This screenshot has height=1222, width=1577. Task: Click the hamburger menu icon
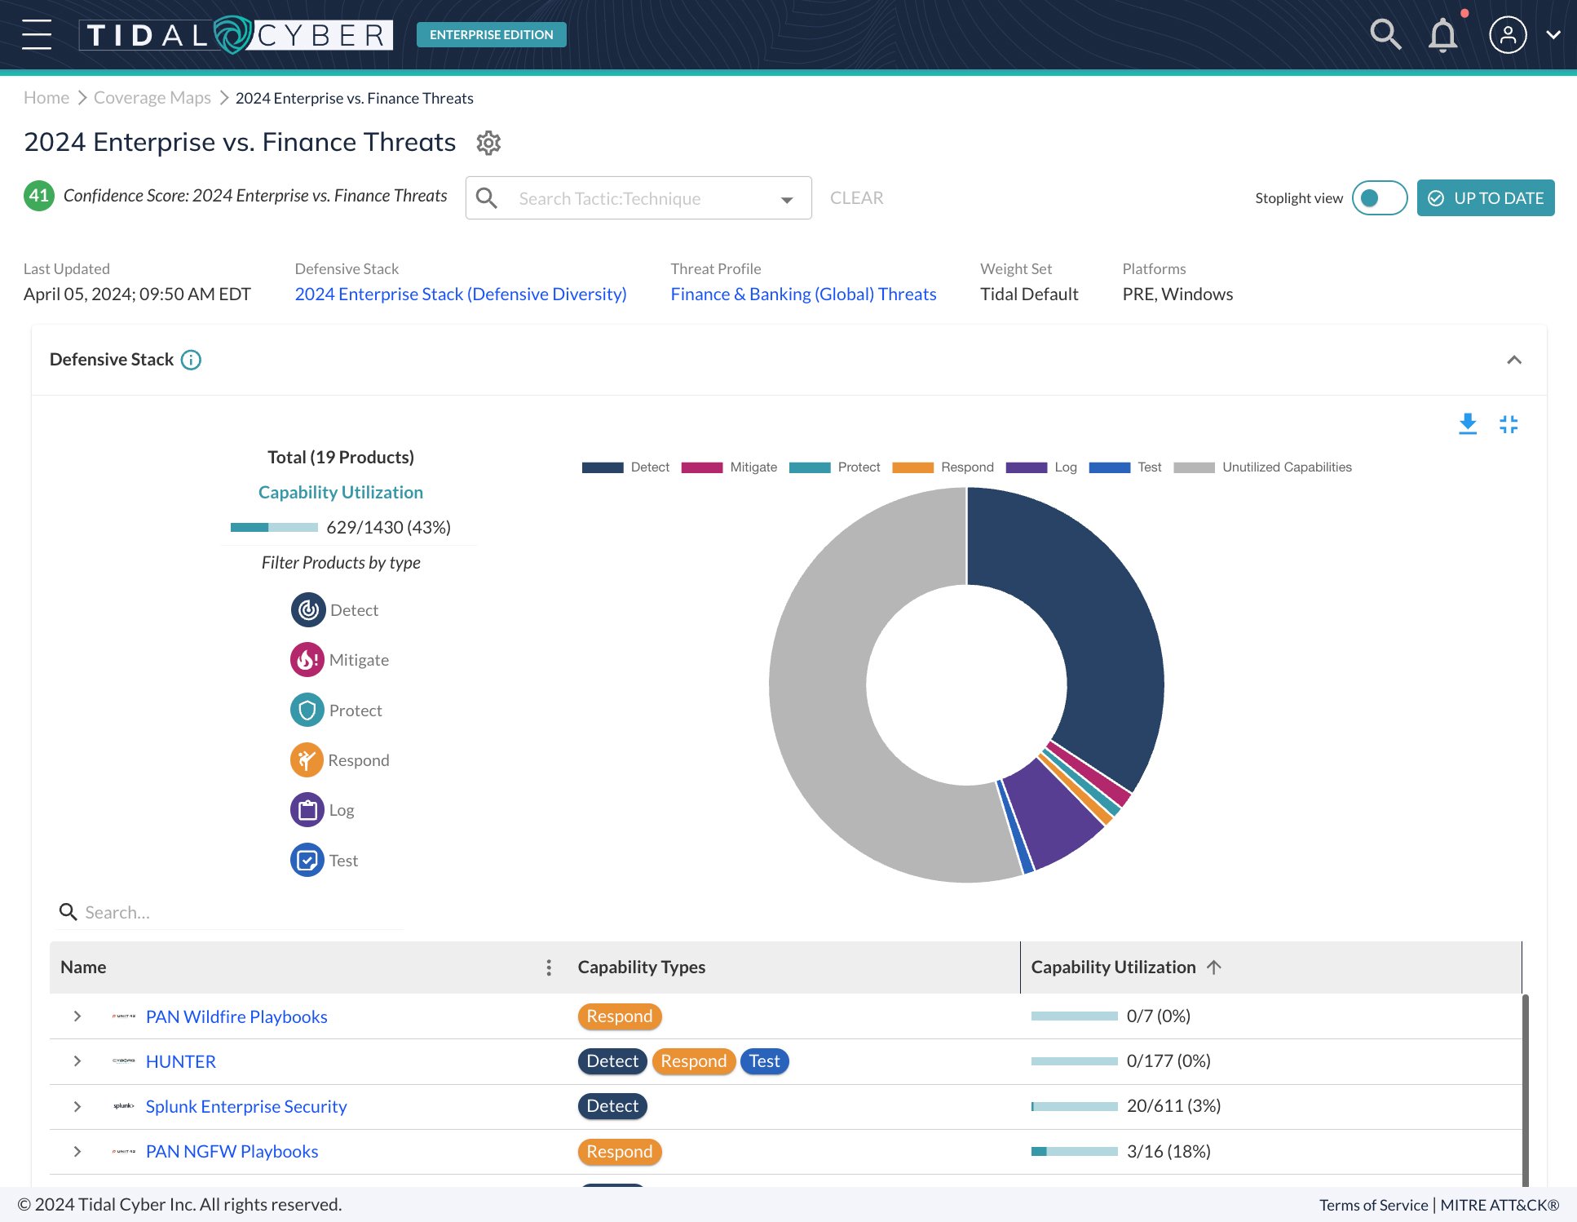point(37,34)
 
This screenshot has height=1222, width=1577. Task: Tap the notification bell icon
point(1442,35)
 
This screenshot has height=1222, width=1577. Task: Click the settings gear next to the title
point(488,143)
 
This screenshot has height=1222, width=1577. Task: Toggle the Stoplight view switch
point(1379,198)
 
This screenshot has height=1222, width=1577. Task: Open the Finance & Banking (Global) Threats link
point(803,294)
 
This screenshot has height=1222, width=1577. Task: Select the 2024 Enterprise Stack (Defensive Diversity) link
point(461,294)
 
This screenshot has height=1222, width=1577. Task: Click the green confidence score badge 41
point(38,196)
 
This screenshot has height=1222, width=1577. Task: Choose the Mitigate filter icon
point(307,660)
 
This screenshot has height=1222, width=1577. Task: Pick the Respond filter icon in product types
point(307,760)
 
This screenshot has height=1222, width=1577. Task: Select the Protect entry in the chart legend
point(836,467)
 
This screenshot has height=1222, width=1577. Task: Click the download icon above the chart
point(1468,424)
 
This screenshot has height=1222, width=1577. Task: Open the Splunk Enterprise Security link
point(246,1106)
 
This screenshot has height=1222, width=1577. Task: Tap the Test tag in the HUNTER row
point(764,1061)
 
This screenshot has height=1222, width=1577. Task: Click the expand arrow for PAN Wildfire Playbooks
point(77,1016)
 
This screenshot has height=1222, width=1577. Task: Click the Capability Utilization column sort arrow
point(1213,967)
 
